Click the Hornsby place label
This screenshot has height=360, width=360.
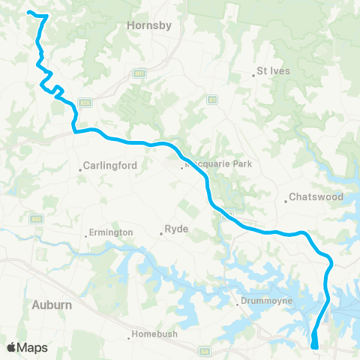tap(150, 25)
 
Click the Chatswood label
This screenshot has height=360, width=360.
tap(316, 198)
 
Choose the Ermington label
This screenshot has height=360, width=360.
tap(110, 232)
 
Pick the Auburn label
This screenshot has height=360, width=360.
tap(52, 304)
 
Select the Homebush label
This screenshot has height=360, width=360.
tap(154, 334)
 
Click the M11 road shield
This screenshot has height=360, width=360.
tap(139, 73)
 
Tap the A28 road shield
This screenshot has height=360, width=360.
tap(85, 103)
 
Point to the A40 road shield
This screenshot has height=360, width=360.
tap(34, 218)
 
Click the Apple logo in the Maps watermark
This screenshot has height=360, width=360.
tap(11, 347)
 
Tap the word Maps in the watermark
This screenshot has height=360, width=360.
tap(34, 347)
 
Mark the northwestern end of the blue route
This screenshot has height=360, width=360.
tap(28, 12)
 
